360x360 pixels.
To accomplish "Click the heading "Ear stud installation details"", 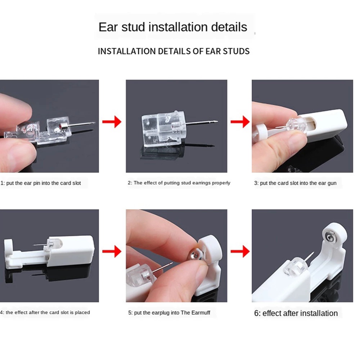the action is tap(173, 27).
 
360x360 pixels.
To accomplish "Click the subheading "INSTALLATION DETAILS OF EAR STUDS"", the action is tap(174, 51).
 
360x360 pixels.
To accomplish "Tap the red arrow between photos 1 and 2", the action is tap(112, 122).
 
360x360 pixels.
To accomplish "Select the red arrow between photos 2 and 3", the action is tap(240, 122).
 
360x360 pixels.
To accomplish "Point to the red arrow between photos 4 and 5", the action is tap(112, 251).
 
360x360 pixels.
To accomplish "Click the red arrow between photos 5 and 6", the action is tap(240, 251).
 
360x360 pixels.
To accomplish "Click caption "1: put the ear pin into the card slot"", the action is tap(41, 183).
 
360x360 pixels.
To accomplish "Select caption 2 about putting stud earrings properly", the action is tap(179, 183).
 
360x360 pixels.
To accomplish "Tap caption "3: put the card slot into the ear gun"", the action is tap(295, 183).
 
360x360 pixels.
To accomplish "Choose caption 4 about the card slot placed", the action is tap(45, 312).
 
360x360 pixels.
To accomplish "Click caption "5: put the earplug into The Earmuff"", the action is tap(169, 313).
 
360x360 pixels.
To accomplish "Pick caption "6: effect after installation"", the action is tap(296, 314).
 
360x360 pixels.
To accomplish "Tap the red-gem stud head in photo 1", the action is tap(62, 126).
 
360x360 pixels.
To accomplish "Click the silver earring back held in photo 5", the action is tap(195, 255).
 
